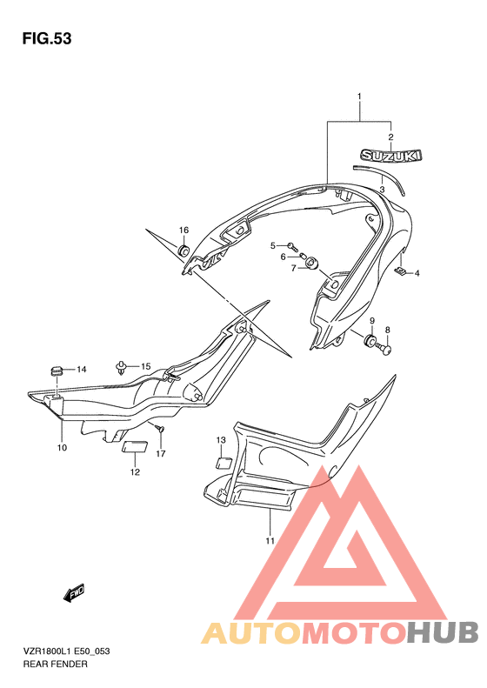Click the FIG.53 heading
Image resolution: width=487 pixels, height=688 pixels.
pyautogui.click(x=47, y=39)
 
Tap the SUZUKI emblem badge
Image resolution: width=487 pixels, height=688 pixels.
pyautogui.click(x=390, y=156)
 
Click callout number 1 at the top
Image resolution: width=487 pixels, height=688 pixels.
pyautogui.click(x=359, y=96)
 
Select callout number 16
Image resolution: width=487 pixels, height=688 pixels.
pyautogui.click(x=183, y=230)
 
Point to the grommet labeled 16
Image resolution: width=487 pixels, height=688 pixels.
pyautogui.click(x=183, y=250)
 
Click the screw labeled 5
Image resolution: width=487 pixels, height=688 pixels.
pyautogui.click(x=292, y=247)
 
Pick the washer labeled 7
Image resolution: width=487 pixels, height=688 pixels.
pyautogui.click(x=311, y=264)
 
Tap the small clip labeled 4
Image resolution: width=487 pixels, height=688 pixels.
pyautogui.click(x=400, y=271)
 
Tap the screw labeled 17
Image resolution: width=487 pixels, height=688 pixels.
pyautogui.click(x=160, y=428)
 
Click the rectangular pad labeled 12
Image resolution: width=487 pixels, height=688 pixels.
pyautogui.click(x=135, y=447)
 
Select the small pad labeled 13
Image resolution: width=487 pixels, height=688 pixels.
pyautogui.click(x=224, y=464)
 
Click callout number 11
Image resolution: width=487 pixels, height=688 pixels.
pyautogui.click(x=270, y=541)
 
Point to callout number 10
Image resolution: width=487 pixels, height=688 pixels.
pyautogui.click(x=62, y=448)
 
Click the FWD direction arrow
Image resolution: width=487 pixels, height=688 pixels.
pyautogui.click(x=74, y=593)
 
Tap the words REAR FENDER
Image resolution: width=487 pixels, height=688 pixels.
pyautogui.click(x=56, y=665)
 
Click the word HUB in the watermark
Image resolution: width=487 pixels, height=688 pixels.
pyautogui.click(x=443, y=632)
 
